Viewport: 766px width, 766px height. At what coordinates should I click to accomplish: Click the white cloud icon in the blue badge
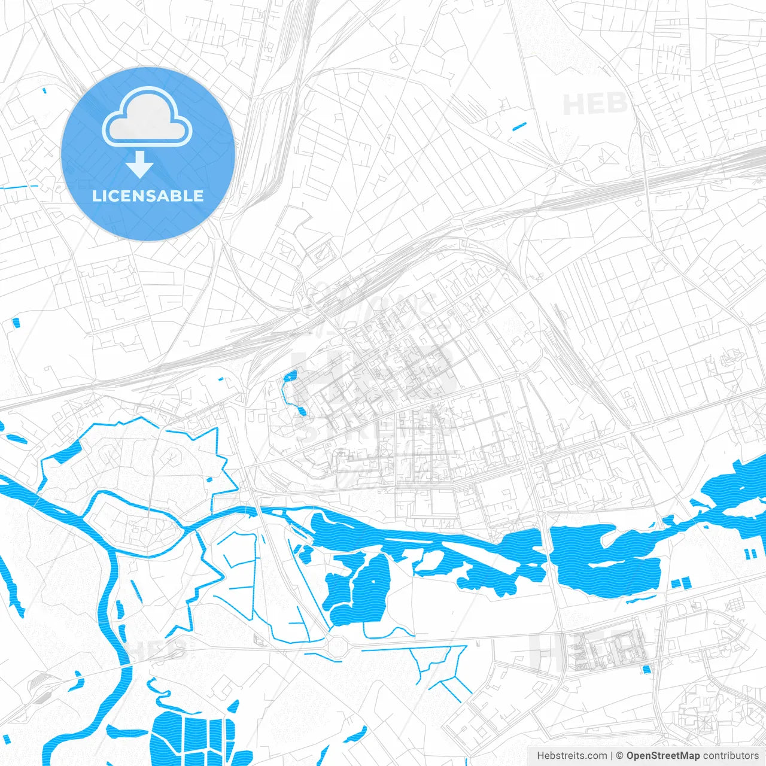(147, 119)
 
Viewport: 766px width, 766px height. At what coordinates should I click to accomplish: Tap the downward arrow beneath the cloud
(139, 165)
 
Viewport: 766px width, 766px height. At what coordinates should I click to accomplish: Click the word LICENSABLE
(148, 196)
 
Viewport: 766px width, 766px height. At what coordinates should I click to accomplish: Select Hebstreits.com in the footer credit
(572, 756)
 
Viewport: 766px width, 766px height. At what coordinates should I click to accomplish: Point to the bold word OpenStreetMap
(663, 756)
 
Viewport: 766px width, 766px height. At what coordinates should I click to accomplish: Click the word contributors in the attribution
(731, 756)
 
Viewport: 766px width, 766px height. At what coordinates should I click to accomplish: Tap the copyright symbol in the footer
(620, 756)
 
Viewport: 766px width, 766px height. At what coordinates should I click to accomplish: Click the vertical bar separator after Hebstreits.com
(612, 756)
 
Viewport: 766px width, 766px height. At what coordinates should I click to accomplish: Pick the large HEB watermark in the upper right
(595, 105)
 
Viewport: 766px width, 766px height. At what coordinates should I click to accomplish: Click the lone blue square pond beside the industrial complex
(646, 668)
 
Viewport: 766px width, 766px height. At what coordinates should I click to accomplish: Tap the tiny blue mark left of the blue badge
(45, 91)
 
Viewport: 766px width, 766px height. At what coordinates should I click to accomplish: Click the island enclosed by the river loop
(135, 524)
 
